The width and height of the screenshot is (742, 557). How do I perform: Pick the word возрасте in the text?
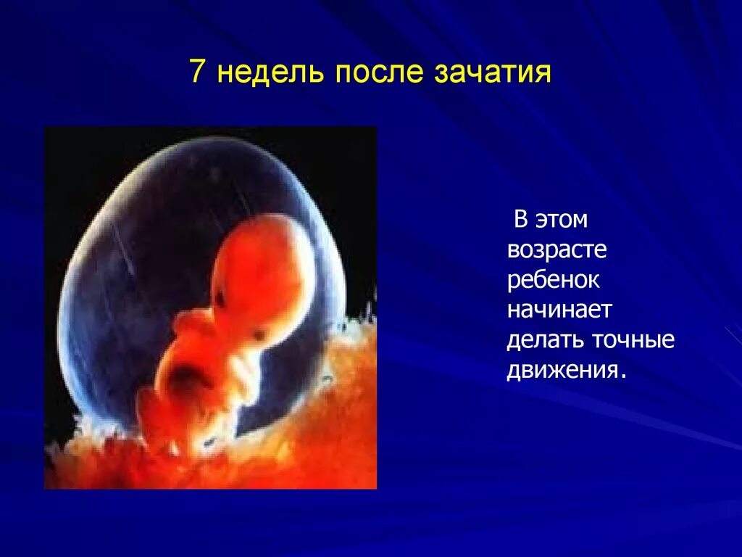[556, 250]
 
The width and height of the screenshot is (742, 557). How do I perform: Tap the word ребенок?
[554, 280]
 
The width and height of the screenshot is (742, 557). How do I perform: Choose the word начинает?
[559, 310]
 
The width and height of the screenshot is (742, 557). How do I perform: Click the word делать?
[543, 340]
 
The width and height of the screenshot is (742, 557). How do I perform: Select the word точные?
[633, 340]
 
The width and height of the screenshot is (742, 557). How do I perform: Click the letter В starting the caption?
[520, 219]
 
